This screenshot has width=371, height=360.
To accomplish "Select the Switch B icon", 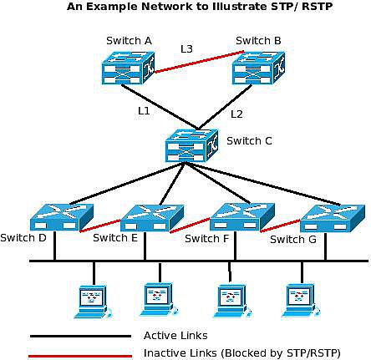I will (x=258, y=69).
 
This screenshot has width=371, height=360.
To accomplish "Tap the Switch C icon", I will (x=191, y=145).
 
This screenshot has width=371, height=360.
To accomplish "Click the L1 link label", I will (x=145, y=110).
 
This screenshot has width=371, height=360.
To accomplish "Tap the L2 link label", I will (x=236, y=114).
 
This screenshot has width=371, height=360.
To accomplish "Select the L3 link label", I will (x=187, y=49).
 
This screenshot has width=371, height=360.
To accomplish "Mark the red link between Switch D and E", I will (x=101, y=224).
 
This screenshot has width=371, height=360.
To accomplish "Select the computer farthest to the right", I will (x=298, y=299).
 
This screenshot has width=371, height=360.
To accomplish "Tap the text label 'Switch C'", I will (x=249, y=140).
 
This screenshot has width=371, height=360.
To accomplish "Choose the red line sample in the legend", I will (x=80, y=355).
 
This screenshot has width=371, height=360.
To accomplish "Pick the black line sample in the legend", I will (x=80, y=336).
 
